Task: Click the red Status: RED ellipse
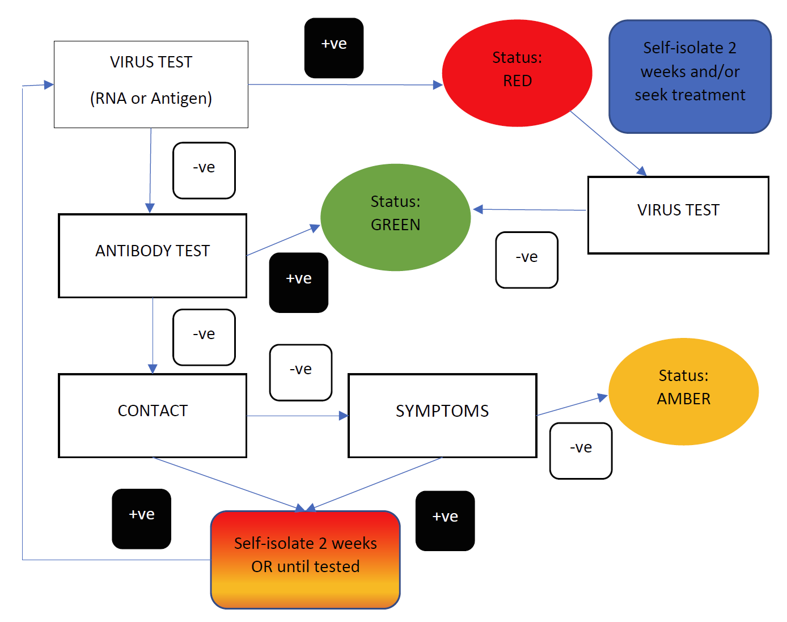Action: (x=517, y=73)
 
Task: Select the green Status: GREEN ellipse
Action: (x=395, y=217)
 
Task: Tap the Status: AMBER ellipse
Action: (x=683, y=391)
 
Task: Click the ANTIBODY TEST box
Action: (x=153, y=256)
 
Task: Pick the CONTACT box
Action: (x=153, y=416)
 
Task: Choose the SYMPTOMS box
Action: (x=442, y=416)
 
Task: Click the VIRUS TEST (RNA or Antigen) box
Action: (x=151, y=84)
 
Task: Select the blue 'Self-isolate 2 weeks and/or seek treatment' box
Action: (x=690, y=77)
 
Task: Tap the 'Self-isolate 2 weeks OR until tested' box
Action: (x=305, y=560)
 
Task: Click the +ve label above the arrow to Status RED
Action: (x=334, y=48)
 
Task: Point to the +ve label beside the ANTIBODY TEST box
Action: (x=299, y=282)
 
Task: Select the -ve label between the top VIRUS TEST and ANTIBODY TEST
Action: (x=204, y=171)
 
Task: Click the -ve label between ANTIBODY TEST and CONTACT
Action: (x=204, y=337)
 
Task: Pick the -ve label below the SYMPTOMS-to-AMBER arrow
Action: (x=581, y=451)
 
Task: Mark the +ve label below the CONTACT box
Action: (x=142, y=519)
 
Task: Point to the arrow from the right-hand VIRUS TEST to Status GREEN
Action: (x=530, y=210)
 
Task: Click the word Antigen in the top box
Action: (x=181, y=99)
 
